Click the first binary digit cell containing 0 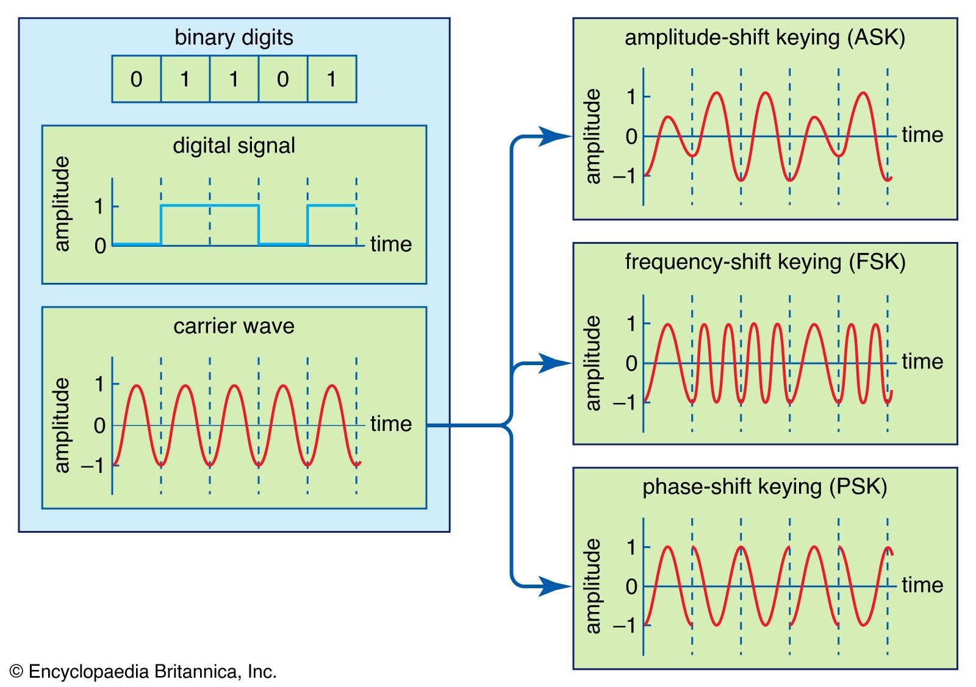(x=137, y=79)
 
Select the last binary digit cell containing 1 (x=332, y=79)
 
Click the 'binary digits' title (x=234, y=37)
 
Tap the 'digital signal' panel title (x=234, y=145)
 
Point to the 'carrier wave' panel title (x=234, y=326)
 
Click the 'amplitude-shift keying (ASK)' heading (x=764, y=37)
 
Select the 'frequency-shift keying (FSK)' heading (x=765, y=262)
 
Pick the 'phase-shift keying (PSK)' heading (x=764, y=486)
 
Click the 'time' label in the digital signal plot (x=391, y=244)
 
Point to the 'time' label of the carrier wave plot (x=391, y=423)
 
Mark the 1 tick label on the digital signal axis (x=99, y=207)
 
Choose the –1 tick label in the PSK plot (x=624, y=625)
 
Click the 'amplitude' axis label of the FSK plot (x=592, y=363)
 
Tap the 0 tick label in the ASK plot (x=631, y=137)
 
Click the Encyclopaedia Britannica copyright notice (x=144, y=671)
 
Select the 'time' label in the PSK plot (x=922, y=585)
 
